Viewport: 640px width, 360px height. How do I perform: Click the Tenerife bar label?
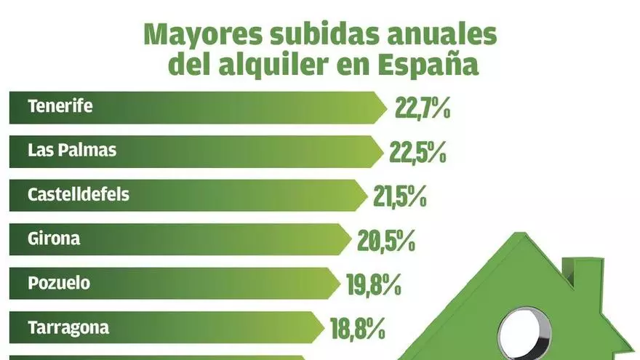pyautogui.click(x=60, y=106)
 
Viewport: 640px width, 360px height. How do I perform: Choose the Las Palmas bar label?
pyautogui.click(x=71, y=151)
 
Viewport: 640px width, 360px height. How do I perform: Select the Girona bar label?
pyautogui.click(x=54, y=239)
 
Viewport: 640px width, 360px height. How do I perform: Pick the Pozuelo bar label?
pyautogui.click(x=59, y=282)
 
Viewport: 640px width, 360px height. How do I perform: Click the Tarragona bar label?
pyautogui.click(x=68, y=327)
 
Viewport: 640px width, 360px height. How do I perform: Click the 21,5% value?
pyautogui.click(x=399, y=197)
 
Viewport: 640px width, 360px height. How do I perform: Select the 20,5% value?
pyautogui.click(x=385, y=241)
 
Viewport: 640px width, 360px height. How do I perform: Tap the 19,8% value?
pyautogui.click(x=375, y=284)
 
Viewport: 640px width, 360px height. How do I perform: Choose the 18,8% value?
pyautogui.click(x=357, y=329)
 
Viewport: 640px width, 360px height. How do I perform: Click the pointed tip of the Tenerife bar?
pyautogui.click(x=385, y=107)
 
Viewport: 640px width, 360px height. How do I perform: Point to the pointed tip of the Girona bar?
pyautogui.click(x=351, y=239)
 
